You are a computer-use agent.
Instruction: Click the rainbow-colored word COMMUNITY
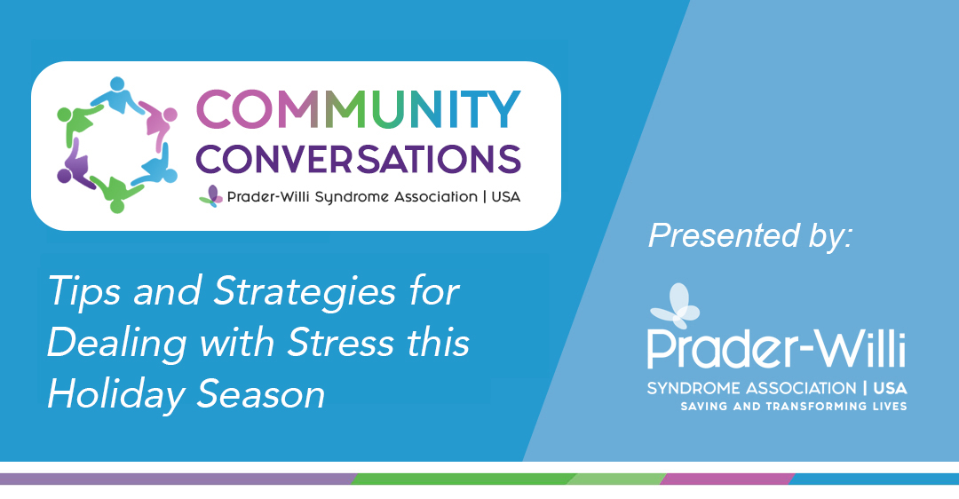tap(359, 109)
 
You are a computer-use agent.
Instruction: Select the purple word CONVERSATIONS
tap(359, 159)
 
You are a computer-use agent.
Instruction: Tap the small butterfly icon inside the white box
tap(211, 196)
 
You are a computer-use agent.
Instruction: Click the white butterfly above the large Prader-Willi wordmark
tap(675, 305)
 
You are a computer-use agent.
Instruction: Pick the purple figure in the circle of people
tap(75, 164)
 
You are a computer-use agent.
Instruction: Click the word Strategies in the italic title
tap(305, 292)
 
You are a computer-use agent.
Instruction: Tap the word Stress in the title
tap(341, 342)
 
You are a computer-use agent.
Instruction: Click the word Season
tap(261, 394)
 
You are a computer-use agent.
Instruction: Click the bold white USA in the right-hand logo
tap(891, 388)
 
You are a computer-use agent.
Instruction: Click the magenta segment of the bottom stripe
tap(728, 479)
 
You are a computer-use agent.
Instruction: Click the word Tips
tap(84, 292)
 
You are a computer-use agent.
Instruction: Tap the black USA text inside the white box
tap(506, 197)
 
